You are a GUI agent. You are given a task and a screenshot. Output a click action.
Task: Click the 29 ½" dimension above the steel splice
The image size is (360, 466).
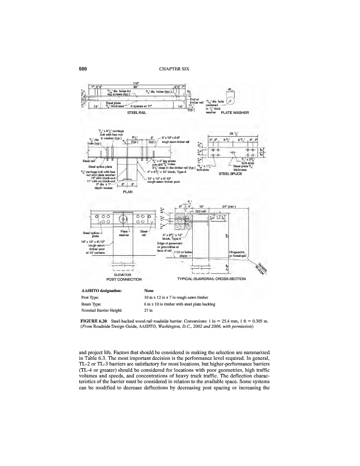[x=234, y=134]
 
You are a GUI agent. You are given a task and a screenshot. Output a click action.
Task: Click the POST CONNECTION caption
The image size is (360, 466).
[x=120, y=280]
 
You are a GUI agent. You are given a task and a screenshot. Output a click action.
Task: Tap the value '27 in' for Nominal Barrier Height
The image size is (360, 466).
[x=150, y=312]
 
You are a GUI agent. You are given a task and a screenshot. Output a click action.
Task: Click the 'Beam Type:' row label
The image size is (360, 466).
[x=94, y=305]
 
